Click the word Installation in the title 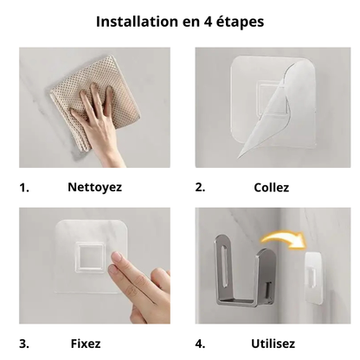(137, 22)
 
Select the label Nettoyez (94, 188)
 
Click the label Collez (271, 188)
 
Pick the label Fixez (86, 344)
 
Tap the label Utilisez (273, 344)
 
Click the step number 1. (24, 188)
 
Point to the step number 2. (200, 188)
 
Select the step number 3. (24, 344)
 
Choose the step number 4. (200, 344)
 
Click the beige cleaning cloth (95, 101)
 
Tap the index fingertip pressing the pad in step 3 (118, 257)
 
